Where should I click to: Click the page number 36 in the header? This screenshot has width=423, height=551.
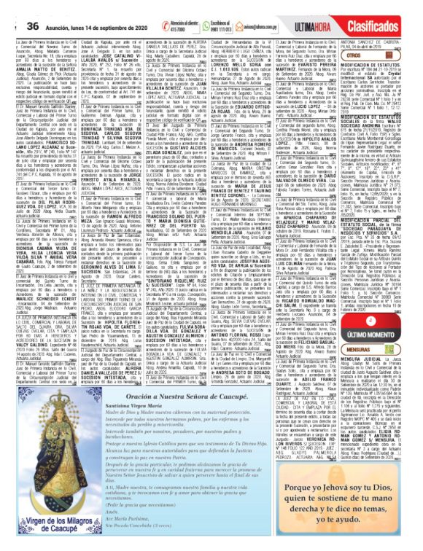pyautogui.click(x=32, y=6)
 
